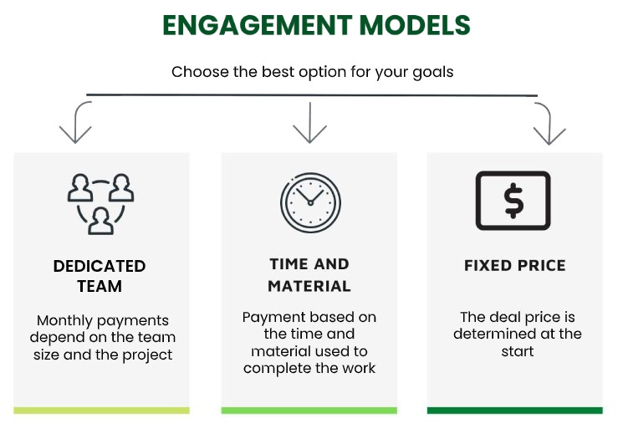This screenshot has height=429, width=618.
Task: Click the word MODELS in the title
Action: coord(415,25)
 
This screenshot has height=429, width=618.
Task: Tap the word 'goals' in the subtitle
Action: coord(433,73)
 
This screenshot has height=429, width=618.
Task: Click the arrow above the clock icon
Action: coord(309,123)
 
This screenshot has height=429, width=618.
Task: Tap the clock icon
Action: coord(310,202)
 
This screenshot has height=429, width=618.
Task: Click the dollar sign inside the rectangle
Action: coord(513,201)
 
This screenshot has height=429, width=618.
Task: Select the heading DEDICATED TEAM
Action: coord(100,276)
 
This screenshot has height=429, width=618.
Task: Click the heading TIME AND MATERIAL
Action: coord(309,275)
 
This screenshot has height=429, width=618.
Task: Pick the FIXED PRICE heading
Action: coord(515,265)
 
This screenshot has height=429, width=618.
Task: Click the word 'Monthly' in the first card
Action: coord(64,321)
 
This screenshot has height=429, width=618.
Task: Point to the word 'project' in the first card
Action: coord(147,355)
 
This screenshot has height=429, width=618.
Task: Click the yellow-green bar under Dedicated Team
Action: coord(102,411)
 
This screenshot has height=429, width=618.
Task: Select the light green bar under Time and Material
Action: coord(309,411)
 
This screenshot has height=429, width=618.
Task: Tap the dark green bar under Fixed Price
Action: coord(515,411)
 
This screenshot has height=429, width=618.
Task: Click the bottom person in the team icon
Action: coord(101,222)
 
